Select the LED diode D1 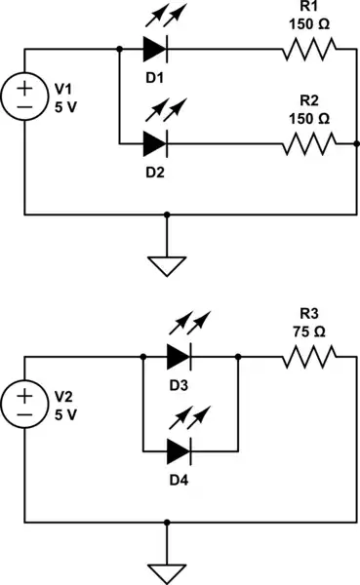click(155, 48)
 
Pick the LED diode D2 click(155, 143)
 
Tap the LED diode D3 click(179, 357)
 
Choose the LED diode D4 click(179, 452)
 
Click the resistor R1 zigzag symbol click(309, 48)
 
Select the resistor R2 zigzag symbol click(309, 143)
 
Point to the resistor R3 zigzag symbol click(309, 357)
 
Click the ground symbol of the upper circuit click(167, 262)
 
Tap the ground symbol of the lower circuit click(167, 571)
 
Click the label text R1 click(309, 7)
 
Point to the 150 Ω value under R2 click(309, 117)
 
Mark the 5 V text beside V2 click(65, 414)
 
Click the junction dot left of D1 click(119, 48)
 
